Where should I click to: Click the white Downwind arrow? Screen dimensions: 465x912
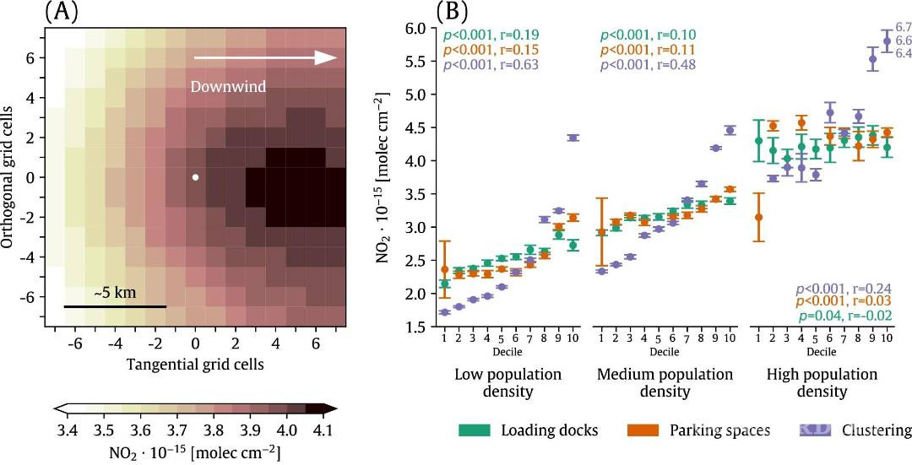point(266,57)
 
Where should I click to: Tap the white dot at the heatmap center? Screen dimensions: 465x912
point(195,177)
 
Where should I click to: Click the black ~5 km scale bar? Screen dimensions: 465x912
point(115,305)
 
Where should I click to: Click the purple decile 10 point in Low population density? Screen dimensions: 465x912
point(573,138)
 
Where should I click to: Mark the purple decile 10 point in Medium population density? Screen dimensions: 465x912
point(730,130)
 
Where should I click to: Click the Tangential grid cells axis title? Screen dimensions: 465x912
point(195,365)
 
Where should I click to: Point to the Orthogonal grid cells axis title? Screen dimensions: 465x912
point(9,177)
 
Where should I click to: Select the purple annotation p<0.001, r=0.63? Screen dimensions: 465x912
point(492,65)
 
